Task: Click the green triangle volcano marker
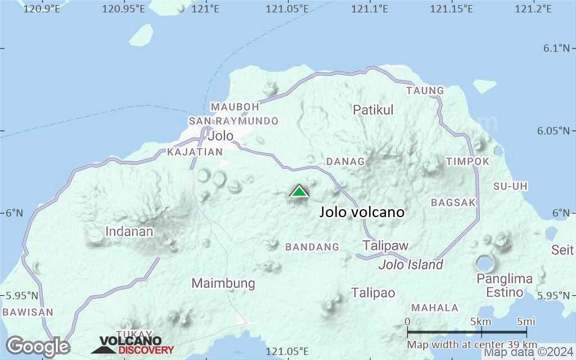pos(299,191)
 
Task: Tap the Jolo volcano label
pos(362,212)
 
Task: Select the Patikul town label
pos(373,110)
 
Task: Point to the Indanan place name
pos(129,231)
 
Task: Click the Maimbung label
pos(223,283)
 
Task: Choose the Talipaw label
pos(385,246)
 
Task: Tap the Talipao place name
pos(373,293)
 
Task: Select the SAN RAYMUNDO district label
pos(233,121)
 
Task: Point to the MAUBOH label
pos(235,107)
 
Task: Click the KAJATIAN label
pos(195,152)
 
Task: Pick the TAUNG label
pos(425,91)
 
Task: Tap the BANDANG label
pos(312,247)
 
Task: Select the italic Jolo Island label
pos(411,265)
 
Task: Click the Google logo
pos(38,346)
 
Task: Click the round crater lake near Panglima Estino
pos(484,263)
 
